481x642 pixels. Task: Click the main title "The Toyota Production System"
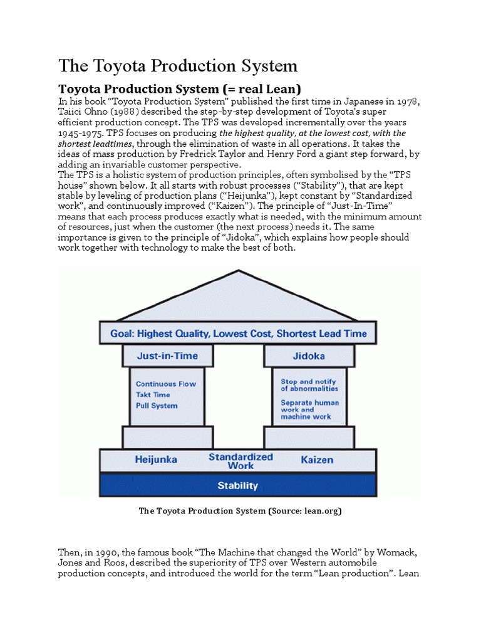tap(178, 66)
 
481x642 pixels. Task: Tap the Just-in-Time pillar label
tap(167, 355)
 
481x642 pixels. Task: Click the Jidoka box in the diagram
tap(309, 355)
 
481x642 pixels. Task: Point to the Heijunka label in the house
tap(156, 460)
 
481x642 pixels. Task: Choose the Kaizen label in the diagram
tap(317, 460)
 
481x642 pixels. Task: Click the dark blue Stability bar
tap(237, 485)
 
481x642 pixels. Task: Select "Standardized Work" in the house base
tap(240, 461)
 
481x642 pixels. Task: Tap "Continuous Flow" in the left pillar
tap(166, 384)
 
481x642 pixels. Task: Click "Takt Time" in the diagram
tap(153, 395)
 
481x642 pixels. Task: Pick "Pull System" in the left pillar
tap(157, 406)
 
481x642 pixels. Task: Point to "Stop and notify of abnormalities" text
tap(309, 385)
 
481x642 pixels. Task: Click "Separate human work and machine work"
tap(310, 409)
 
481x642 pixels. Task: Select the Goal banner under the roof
tap(238, 334)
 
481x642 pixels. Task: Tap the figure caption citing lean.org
tap(240, 511)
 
